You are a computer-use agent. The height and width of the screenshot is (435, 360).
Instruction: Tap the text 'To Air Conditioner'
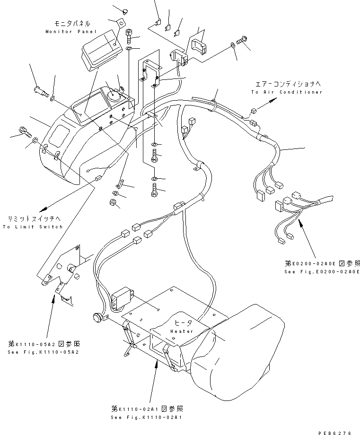click(x=287, y=92)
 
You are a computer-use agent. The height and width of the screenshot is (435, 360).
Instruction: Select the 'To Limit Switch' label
click(x=33, y=227)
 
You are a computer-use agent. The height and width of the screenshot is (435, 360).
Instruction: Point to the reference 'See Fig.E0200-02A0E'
click(x=322, y=272)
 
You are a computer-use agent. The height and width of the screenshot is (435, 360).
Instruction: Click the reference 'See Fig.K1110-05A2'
click(x=43, y=353)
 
